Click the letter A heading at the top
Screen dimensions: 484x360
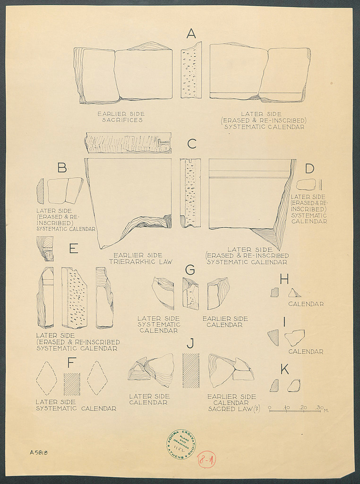191,34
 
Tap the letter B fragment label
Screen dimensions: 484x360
62,167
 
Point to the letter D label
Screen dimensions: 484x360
309,169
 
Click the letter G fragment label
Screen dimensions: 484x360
190,270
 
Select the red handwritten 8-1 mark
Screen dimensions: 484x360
206,459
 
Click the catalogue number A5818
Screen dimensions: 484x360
39,452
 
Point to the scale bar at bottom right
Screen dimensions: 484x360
294,410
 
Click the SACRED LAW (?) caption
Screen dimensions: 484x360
234,409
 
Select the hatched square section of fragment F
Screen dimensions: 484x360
72,384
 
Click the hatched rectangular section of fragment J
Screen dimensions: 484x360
191,371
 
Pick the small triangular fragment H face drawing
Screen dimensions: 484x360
294,293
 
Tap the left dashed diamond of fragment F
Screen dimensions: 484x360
46,378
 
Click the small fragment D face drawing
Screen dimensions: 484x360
306,184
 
